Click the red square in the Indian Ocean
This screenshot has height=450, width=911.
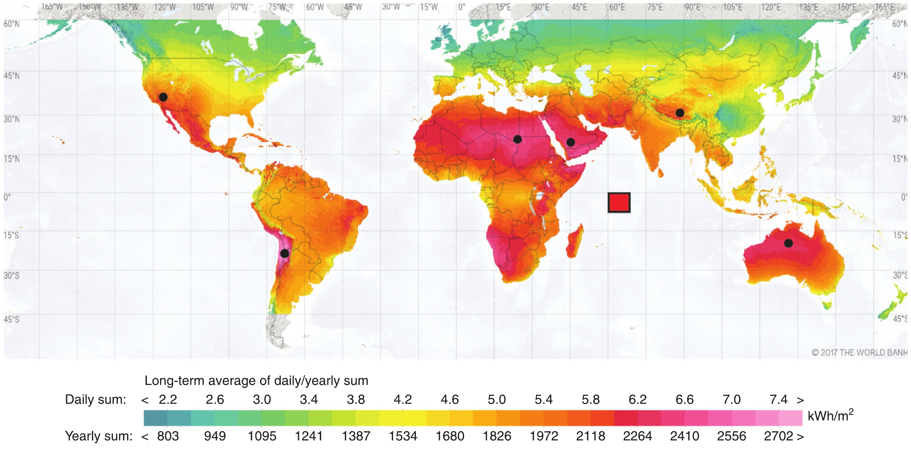click(619, 203)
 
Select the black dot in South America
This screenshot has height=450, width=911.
click(285, 254)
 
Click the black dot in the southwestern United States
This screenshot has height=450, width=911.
click(163, 97)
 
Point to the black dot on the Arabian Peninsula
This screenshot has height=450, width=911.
click(570, 142)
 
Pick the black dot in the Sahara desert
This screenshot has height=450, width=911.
click(517, 139)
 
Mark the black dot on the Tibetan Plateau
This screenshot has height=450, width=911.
click(680, 113)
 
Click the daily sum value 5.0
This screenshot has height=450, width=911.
click(496, 400)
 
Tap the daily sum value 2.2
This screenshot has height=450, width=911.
click(168, 400)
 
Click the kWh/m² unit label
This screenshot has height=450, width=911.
click(830, 415)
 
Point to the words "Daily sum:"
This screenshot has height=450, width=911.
click(96, 400)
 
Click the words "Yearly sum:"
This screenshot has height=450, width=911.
click(99, 436)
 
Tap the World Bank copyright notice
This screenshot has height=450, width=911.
click(859, 353)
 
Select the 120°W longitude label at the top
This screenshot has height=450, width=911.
click(165, 7)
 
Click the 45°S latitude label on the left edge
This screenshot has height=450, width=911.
click(11, 319)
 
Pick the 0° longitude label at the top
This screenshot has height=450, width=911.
click(462, 7)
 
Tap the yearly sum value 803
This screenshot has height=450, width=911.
click(168, 436)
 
